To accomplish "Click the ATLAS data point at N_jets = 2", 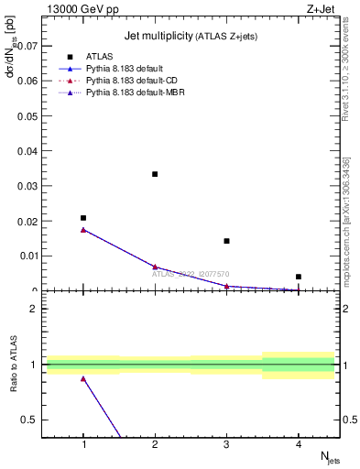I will click(x=155, y=174).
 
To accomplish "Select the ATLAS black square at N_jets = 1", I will click(x=83, y=218).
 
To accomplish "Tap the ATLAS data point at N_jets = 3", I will click(x=226, y=241).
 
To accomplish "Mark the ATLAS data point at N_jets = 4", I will click(x=299, y=277).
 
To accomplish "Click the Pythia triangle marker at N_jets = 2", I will click(x=155, y=267).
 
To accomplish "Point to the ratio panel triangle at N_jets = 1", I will click(x=83, y=378).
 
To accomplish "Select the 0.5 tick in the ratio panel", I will click(x=31, y=420).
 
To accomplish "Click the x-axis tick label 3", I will click(x=226, y=444).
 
